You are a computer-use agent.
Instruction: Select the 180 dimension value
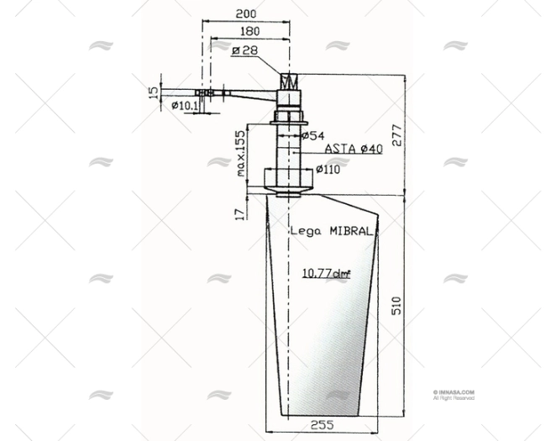249,33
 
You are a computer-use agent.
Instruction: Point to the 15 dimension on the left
154,91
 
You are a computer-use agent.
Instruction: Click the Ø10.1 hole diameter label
184,106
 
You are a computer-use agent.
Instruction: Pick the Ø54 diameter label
312,135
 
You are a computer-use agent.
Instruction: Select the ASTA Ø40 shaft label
353,149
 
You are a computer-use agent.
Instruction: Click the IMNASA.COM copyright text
454,391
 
